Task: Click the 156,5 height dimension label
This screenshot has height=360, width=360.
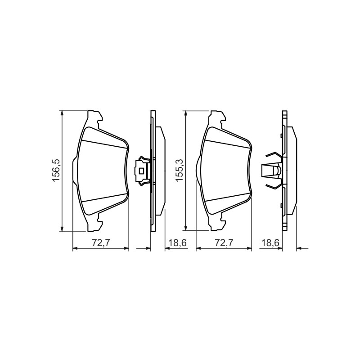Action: click(57, 171)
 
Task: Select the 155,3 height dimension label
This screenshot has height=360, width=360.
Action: click(180, 171)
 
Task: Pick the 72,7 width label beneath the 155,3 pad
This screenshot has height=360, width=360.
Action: click(224, 243)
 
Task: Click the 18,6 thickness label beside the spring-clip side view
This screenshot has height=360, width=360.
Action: click(270, 243)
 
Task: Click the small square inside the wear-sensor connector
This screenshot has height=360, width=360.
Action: click(142, 171)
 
